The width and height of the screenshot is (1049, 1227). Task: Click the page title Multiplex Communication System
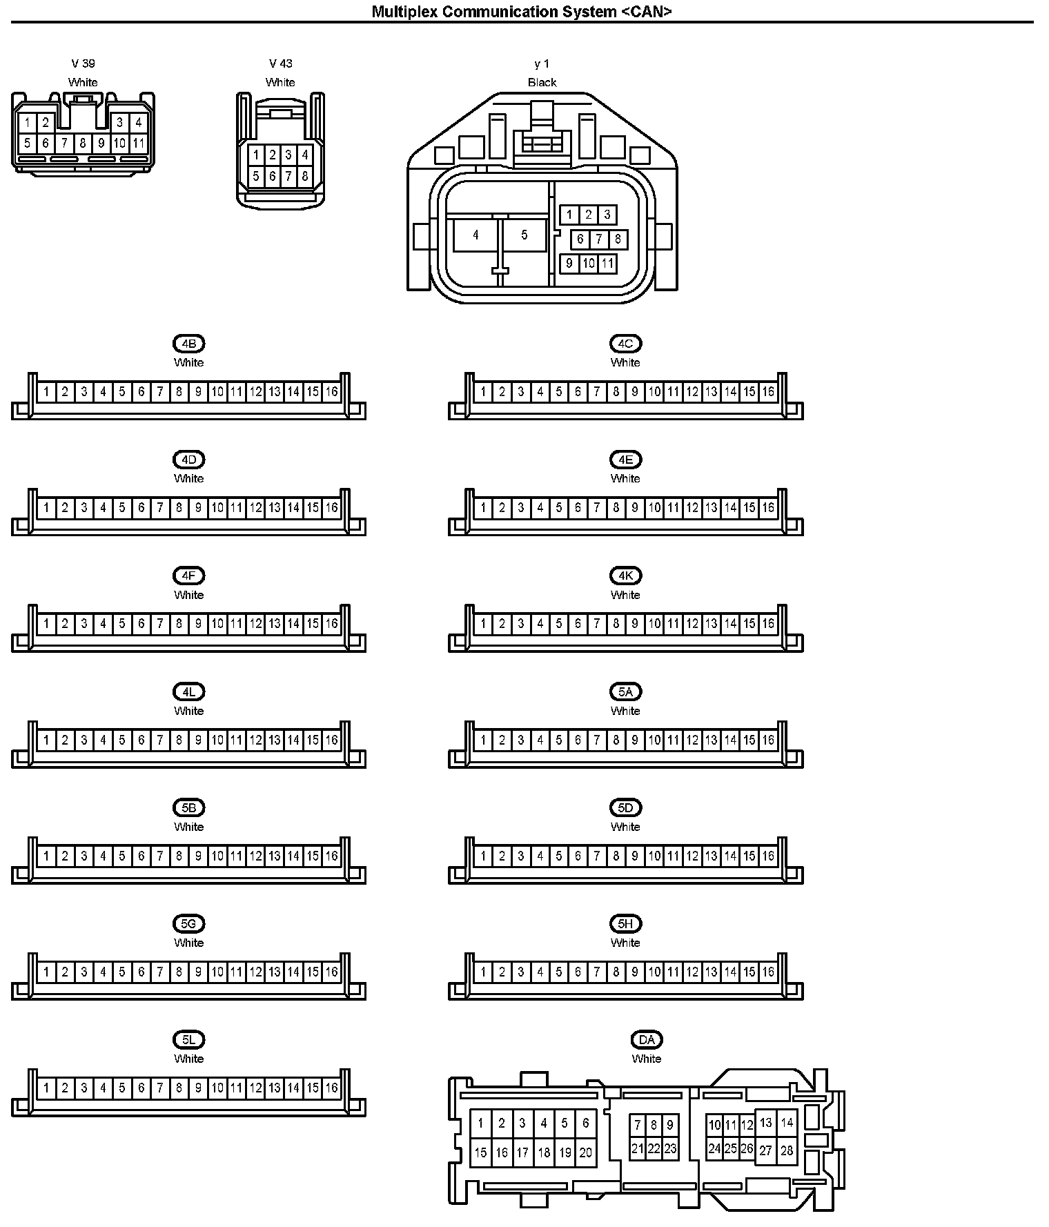point(522,11)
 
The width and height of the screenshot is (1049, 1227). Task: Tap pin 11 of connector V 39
point(139,144)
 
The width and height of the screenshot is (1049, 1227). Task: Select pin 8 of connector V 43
point(305,176)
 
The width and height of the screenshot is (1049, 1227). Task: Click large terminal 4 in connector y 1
point(476,235)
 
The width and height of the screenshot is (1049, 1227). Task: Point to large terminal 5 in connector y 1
point(524,235)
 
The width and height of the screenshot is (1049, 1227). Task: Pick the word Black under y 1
point(542,82)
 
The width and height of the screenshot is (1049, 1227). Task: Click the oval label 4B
point(188,344)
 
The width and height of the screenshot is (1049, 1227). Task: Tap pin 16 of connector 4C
point(768,392)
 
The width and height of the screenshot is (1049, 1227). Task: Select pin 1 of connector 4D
point(46,508)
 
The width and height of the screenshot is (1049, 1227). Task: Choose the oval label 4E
point(625,460)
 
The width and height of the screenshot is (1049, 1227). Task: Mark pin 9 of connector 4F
point(198,624)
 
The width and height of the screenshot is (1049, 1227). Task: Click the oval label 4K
point(625,576)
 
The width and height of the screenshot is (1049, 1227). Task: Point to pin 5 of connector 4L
point(122,740)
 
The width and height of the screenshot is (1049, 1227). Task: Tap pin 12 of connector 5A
point(692,740)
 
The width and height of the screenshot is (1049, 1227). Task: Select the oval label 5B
point(188,807)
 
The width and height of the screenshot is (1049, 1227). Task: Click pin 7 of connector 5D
point(597,856)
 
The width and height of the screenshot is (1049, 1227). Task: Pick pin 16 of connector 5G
point(332,972)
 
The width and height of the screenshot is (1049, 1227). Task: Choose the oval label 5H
point(625,923)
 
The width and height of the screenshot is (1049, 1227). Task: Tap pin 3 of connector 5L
point(84,1088)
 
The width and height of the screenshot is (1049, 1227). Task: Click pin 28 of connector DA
point(787,1150)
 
